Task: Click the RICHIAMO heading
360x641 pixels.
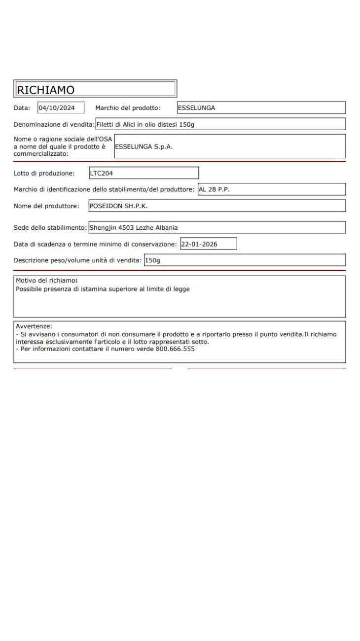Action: (x=45, y=89)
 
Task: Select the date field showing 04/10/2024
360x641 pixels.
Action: (x=61, y=108)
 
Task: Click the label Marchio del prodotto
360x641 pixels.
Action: (x=128, y=108)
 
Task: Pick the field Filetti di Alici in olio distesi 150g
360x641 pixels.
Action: (x=145, y=125)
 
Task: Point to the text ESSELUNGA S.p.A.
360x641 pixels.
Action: (x=143, y=146)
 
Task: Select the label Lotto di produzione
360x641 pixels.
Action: (x=44, y=173)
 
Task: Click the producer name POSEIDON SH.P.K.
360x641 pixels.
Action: (x=118, y=206)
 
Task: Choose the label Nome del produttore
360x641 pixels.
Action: (x=46, y=206)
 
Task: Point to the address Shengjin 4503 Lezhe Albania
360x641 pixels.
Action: (x=133, y=228)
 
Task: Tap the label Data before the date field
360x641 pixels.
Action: (x=22, y=108)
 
